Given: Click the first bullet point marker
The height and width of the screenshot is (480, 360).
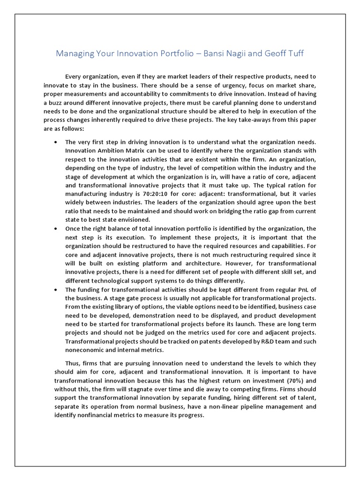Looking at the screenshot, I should (x=57, y=142).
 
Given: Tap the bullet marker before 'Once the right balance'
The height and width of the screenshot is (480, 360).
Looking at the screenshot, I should (x=57, y=228).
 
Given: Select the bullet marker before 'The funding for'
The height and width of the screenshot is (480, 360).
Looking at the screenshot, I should (x=57, y=289).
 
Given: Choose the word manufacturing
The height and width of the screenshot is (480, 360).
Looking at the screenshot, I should (x=87, y=194).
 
